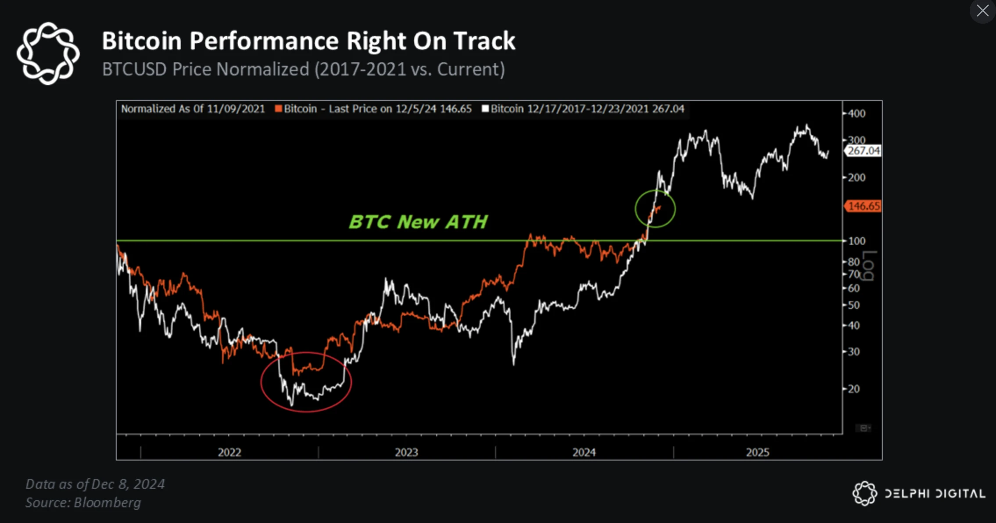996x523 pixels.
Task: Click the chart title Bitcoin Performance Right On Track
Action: coord(308,41)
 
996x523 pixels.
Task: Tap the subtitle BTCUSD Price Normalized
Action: coord(205,69)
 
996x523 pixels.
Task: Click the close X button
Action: coord(982,11)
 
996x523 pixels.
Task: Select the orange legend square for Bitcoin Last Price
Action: coord(278,108)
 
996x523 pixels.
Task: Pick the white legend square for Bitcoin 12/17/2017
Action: coord(485,108)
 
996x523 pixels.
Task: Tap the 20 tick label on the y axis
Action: coord(854,389)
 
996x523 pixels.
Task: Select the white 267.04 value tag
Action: coord(863,151)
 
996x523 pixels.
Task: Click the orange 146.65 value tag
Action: coord(863,206)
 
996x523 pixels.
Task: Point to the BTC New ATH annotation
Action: coord(418,222)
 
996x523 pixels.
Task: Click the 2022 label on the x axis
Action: coord(229,452)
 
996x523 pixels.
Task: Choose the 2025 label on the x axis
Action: coord(758,452)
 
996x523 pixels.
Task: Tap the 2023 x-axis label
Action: coord(406,452)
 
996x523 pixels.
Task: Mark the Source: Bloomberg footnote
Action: coord(83,503)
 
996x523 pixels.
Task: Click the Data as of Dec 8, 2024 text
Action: coord(95,484)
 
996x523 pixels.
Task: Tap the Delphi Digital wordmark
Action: coord(935,494)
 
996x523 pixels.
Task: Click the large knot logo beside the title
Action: coord(48,54)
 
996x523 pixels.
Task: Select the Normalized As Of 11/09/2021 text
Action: coord(193,109)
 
